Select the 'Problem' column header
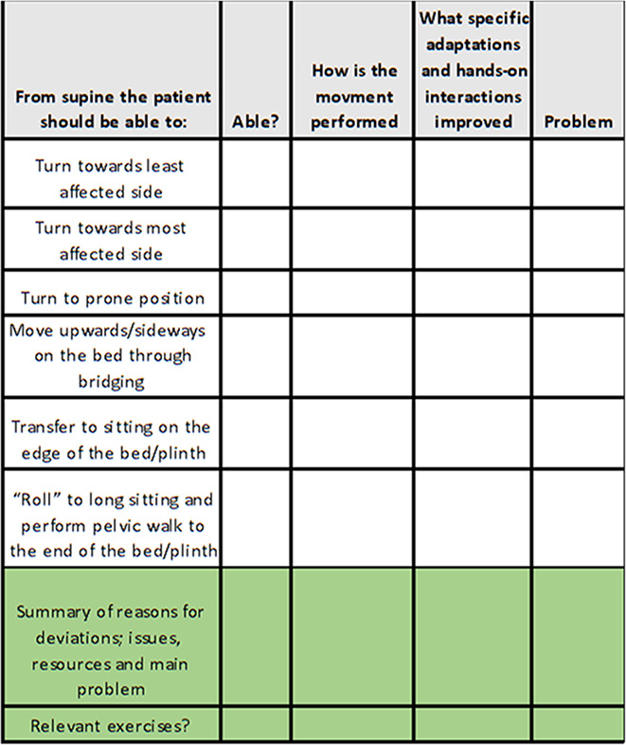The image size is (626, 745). click(x=579, y=121)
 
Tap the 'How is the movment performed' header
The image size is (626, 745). click(x=351, y=96)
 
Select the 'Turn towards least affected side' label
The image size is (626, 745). click(x=110, y=177)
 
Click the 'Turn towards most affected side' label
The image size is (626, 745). click(x=110, y=241)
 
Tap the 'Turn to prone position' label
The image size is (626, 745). click(x=110, y=298)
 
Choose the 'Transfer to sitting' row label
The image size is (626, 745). click(x=110, y=440)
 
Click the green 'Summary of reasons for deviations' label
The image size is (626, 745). click(x=110, y=637)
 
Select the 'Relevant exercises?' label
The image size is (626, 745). click(x=110, y=727)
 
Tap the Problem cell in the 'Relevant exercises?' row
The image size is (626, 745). click(x=579, y=725)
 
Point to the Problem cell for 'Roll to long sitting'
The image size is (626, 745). click(x=579, y=518)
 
